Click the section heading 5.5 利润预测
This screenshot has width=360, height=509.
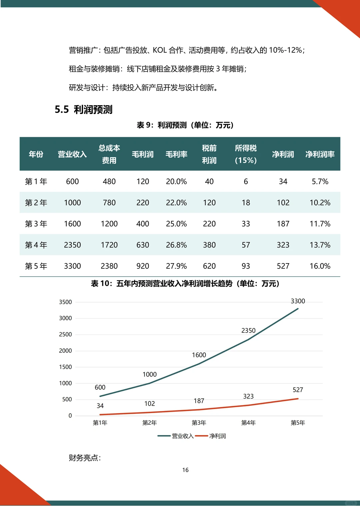point(84,110)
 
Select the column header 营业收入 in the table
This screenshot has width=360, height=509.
point(72,154)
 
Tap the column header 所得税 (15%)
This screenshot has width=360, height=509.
point(246,154)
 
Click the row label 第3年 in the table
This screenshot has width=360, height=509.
point(36,224)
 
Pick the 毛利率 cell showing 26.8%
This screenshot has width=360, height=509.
point(176,245)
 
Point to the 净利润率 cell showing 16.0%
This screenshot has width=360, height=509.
point(320,266)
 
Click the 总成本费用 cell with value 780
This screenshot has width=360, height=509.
point(109,203)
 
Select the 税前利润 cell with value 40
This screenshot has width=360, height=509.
point(209,182)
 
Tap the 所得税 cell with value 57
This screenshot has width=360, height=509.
point(246,245)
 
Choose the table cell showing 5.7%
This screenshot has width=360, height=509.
point(320,182)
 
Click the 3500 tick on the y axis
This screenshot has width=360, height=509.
point(65,302)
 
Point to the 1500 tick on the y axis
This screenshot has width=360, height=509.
point(65,367)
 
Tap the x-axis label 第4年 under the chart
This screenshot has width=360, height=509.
point(248,423)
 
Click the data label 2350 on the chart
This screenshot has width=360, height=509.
point(248,330)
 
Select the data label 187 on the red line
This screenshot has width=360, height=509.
point(199,401)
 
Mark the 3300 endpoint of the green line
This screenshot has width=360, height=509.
point(298,308)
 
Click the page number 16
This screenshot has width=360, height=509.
point(185,470)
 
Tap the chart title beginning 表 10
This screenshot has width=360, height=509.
point(185,283)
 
